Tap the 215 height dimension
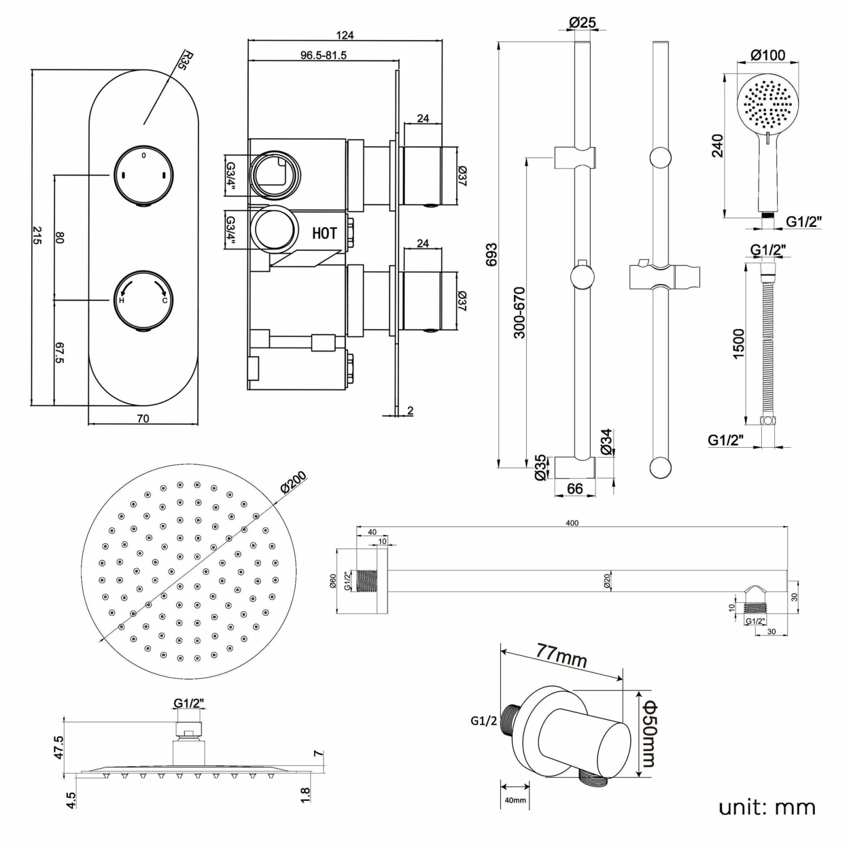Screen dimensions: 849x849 click(37, 235)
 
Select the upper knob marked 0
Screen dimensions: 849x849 click(144, 173)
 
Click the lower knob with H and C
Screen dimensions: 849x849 click(144, 298)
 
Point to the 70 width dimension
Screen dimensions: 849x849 click(143, 419)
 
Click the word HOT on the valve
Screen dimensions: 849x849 click(324, 233)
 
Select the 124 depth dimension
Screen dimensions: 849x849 click(345, 35)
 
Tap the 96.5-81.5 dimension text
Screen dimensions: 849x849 click(323, 55)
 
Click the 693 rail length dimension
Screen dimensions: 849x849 click(491, 255)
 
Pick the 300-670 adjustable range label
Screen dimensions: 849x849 click(519, 312)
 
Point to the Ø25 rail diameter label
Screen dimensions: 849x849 click(582, 23)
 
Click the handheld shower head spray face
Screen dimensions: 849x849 click(767, 104)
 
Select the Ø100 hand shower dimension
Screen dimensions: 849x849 click(767, 55)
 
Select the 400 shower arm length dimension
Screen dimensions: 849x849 click(572, 523)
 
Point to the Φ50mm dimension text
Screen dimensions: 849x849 click(648, 734)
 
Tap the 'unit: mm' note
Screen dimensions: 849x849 click(767, 807)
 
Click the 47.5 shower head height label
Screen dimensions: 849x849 click(59, 748)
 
